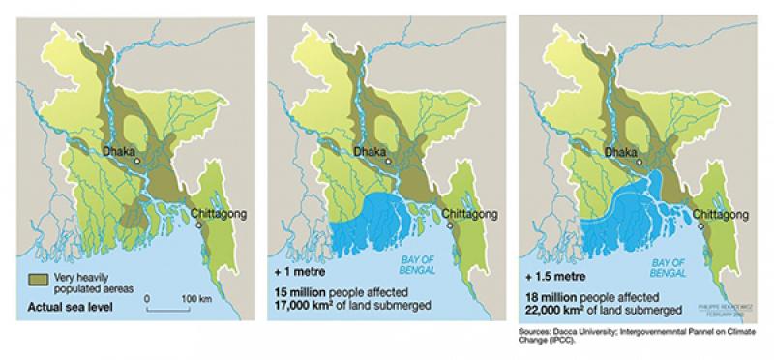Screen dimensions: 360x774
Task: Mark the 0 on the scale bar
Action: point(146,297)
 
